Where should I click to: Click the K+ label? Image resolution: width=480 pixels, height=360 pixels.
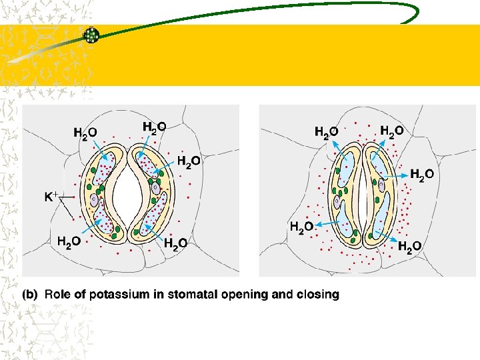pos(51,197)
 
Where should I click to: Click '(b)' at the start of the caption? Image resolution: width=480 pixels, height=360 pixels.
pos(31,294)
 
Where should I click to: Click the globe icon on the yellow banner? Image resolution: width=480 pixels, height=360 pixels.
pos(91,35)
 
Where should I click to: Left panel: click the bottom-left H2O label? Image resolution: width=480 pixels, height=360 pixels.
pos(69,242)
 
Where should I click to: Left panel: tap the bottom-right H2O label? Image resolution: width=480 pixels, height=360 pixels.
pos(175,243)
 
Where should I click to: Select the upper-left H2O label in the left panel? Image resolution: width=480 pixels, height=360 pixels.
pos(85,133)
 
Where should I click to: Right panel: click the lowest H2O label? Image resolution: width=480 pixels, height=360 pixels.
pos(409,247)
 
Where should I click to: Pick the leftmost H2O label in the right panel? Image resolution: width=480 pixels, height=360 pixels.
pos(302,227)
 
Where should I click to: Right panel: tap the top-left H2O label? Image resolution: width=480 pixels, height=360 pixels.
pos(326,132)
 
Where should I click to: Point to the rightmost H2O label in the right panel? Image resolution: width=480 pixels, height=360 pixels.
pos(421,175)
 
